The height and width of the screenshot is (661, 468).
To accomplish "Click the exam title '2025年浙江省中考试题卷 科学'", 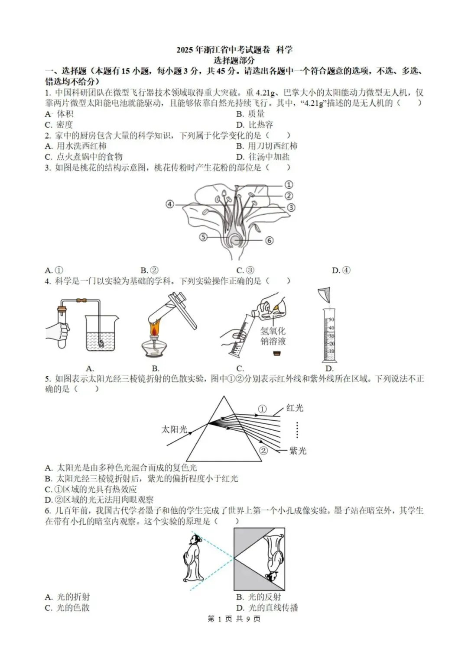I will click(234, 50).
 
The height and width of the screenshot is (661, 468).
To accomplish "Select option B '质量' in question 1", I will click(250, 114).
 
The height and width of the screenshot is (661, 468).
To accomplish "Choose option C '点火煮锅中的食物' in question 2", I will click(84, 157).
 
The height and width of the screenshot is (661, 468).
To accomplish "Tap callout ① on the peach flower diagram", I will click(289, 185).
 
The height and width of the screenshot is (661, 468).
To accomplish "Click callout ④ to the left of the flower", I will click(170, 204).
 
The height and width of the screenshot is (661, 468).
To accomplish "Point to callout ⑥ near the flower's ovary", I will click(269, 240).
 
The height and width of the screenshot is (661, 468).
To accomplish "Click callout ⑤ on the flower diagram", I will click(203, 237).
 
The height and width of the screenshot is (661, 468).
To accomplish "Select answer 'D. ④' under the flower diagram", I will click(341, 271).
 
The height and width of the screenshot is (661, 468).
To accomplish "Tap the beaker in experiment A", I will click(101, 333).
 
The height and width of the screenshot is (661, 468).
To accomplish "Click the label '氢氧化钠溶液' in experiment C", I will click(273, 336).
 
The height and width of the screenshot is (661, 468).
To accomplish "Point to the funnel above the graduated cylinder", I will click(325, 295).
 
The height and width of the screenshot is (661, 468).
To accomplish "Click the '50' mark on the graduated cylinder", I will click(331, 319).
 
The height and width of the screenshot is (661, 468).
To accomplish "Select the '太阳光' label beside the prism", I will click(174, 429).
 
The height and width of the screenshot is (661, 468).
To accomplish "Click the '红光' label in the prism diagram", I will click(295, 408).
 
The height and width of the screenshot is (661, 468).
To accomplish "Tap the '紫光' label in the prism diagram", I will click(298, 451).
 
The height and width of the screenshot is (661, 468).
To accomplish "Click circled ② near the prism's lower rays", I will click(263, 451).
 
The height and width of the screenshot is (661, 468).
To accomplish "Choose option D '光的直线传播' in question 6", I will click(267, 608).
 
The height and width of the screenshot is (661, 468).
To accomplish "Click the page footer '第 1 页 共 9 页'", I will click(234, 619).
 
